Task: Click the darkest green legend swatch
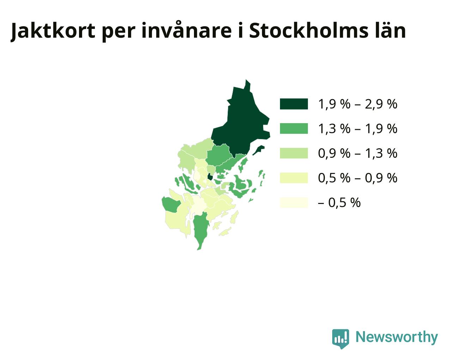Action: tap(294, 104)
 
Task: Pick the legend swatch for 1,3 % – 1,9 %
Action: tap(294, 128)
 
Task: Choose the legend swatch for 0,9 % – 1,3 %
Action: tap(294, 153)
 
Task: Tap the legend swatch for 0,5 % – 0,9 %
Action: tap(294, 178)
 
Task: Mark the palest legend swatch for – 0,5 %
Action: tap(294, 202)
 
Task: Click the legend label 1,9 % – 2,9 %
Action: tap(358, 104)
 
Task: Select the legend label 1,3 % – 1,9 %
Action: tap(358, 129)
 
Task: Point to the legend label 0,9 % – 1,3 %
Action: tap(358, 154)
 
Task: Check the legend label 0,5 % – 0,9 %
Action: tap(358, 178)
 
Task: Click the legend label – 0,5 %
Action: tap(339, 203)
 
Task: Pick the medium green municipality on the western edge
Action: tap(171, 204)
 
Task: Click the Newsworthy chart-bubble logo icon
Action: tap(340, 339)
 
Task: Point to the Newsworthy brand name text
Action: tap(396, 337)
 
